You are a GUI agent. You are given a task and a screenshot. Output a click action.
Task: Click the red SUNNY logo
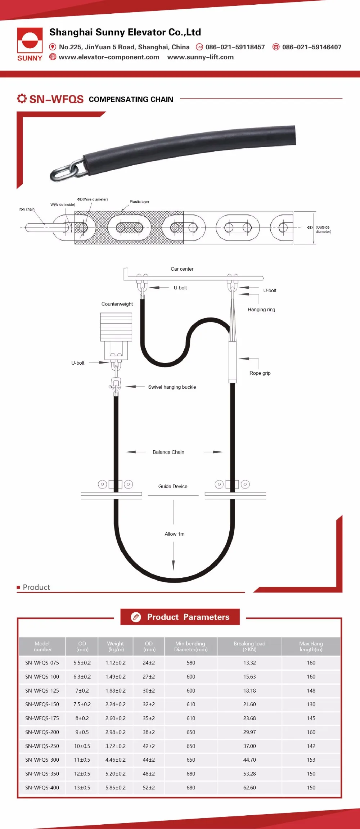[x=30, y=44]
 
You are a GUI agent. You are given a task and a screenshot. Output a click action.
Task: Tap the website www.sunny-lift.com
[x=200, y=57]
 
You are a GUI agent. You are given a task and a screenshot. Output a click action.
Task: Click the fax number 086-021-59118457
[x=235, y=47]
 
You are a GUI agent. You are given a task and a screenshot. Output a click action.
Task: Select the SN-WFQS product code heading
[x=56, y=99]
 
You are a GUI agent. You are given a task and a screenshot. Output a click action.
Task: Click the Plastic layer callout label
[x=139, y=202]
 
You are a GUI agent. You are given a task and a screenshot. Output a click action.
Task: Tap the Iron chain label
[x=27, y=209]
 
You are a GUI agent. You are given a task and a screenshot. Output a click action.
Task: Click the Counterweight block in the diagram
[x=116, y=326]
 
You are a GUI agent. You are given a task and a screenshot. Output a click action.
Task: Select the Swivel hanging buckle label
[x=172, y=387]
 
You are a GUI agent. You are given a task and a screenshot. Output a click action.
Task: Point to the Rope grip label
[x=260, y=373]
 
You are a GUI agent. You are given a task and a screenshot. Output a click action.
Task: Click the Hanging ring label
[x=261, y=310]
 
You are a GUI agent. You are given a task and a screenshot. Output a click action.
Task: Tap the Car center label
[x=182, y=269]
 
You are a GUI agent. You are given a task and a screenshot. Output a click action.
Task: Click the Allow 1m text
[x=175, y=534]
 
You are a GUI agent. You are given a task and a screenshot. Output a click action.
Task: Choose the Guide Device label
[x=173, y=486]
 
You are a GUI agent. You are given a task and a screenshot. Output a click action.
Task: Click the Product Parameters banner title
[x=188, y=617]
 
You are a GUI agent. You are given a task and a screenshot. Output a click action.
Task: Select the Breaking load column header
[x=249, y=646]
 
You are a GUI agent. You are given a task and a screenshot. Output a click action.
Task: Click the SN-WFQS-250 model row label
[x=42, y=746]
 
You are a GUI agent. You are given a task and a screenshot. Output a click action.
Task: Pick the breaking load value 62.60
[x=249, y=788]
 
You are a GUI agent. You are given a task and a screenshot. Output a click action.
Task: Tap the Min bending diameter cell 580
[x=191, y=663]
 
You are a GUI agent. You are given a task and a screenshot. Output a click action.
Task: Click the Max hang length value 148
[x=311, y=690]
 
